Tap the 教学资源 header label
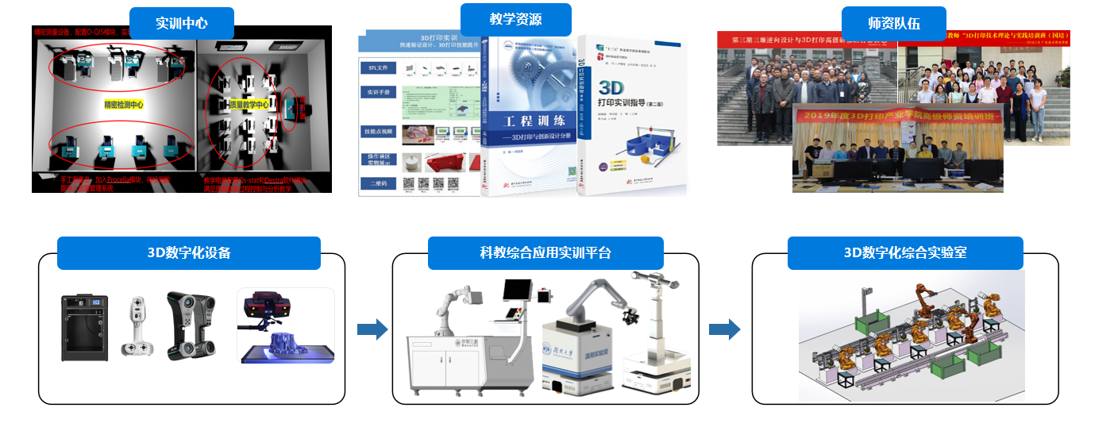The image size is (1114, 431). tap(516, 19)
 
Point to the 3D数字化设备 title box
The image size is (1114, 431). tap(189, 253)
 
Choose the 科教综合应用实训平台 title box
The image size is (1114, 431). tap(545, 253)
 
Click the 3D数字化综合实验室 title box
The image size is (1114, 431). tap(904, 253)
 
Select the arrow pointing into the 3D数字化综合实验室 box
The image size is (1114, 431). tap(724, 329)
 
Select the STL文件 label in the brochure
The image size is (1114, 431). tap(378, 68)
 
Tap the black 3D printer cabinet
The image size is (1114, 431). tap(85, 328)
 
